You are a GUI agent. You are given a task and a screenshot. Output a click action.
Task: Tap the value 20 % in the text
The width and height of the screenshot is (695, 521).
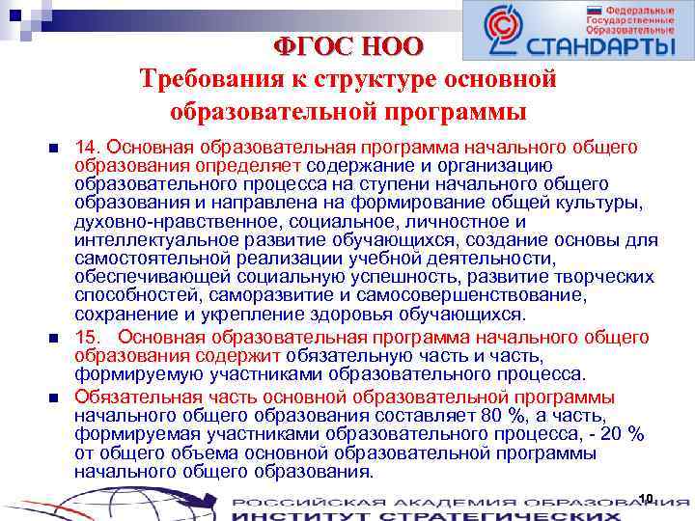(623, 434)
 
